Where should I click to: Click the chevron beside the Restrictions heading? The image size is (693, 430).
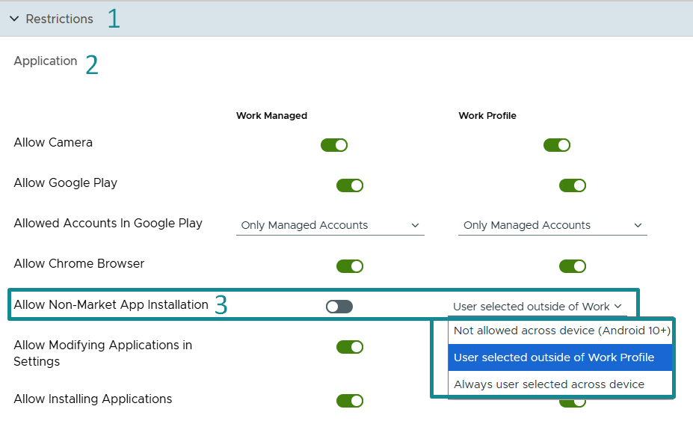14,19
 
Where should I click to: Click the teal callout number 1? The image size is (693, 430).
114,19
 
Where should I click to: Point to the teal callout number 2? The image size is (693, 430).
92,64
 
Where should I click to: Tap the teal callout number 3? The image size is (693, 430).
221,304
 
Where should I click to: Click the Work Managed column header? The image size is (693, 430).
271,116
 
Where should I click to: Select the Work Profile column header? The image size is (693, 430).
487,116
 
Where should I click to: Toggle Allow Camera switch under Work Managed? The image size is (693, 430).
334,145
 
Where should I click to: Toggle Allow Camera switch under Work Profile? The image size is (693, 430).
557,145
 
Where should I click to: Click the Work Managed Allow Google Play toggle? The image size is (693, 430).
350,185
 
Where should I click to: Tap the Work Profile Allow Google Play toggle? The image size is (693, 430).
573,185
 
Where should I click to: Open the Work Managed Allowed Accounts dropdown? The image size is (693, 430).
330,225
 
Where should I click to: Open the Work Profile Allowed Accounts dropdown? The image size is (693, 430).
552,225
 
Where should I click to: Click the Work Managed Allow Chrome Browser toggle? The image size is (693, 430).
350,266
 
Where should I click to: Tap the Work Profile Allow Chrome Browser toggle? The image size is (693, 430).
573,266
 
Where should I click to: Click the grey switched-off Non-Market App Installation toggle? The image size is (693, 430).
339,307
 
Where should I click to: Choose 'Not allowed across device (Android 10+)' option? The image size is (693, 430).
561,331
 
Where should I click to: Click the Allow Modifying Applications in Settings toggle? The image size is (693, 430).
350,347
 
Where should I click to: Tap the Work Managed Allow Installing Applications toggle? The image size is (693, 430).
350,401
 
